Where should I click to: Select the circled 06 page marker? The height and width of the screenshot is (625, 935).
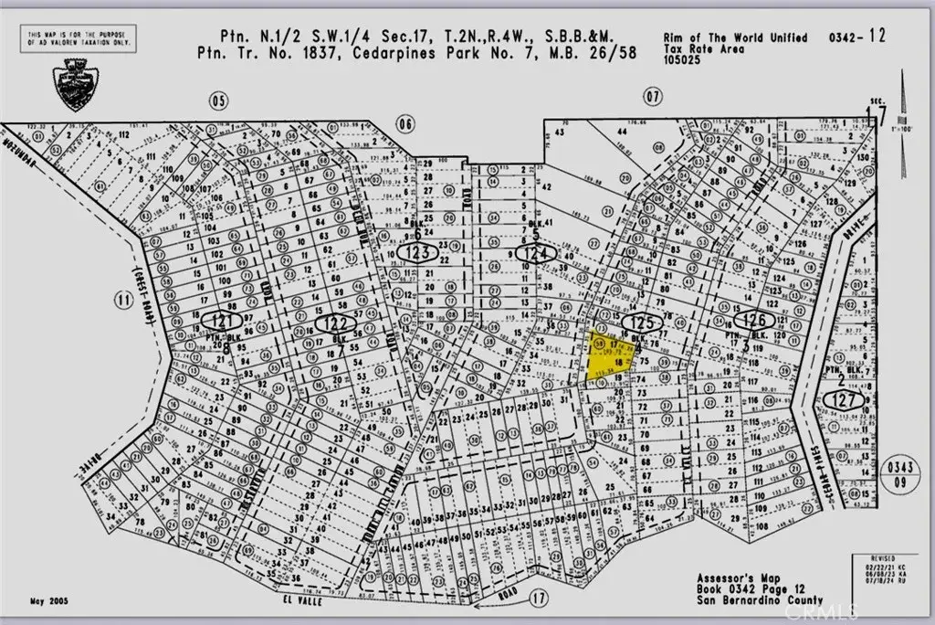point(406,123)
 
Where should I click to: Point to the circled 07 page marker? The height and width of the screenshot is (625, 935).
point(651,95)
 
